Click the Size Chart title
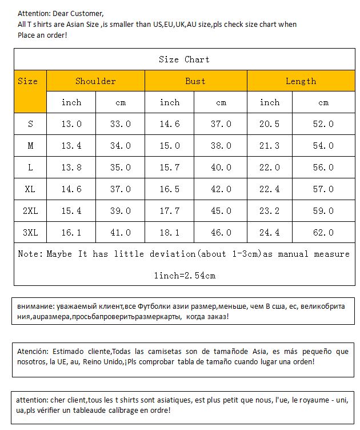pos(184,59)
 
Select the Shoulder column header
pos(95,81)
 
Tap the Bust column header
pos(195,81)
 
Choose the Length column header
pos(301,81)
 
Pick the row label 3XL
pos(30,233)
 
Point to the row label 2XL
pos(30,211)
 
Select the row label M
pos(30,146)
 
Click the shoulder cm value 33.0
pos(121,124)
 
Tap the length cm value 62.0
pos(323,233)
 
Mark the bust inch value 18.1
pos(170,233)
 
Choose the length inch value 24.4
pos(270,233)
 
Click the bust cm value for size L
pos(221,168)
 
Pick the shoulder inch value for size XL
pos(71,189)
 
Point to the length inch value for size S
pos(270,124)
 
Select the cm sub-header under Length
pos(323,103)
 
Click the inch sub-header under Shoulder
pos(71,103)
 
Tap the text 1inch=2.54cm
pos(184,276)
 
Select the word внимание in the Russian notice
pos(33,306)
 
